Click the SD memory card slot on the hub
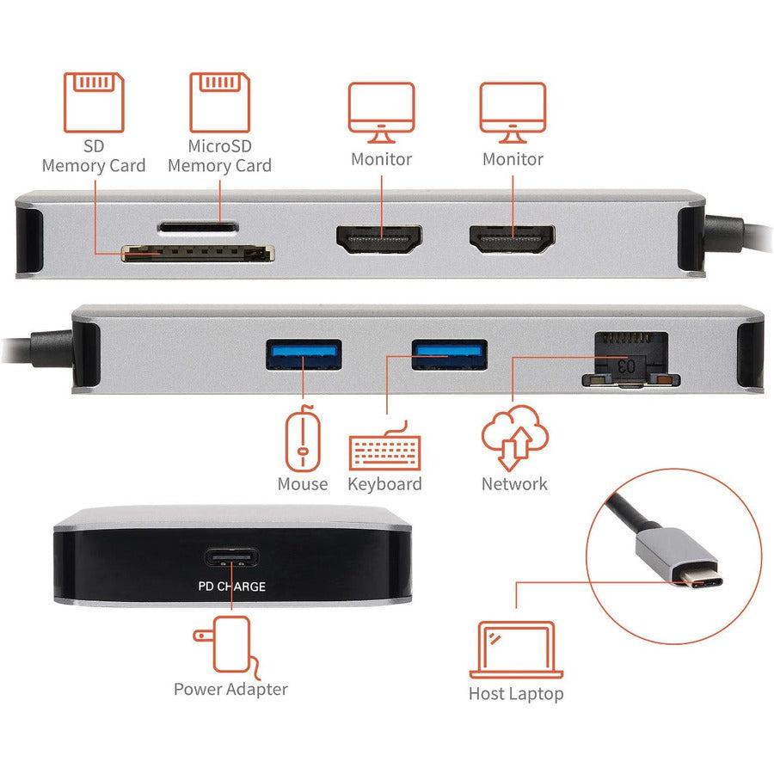coord(197,253)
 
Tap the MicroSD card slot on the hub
coord(197,228)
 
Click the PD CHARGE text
coord(234,587)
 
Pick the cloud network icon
coord(513,437)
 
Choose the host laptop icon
coord(515,650)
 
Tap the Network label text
coord(514,483)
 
